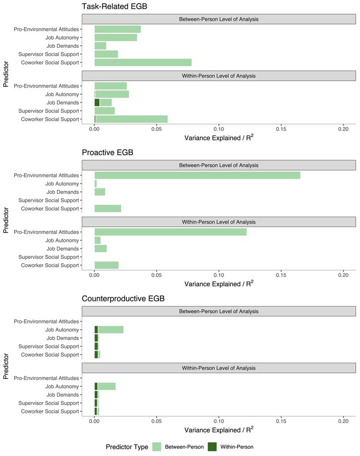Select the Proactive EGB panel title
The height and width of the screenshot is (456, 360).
[x=108, y=152]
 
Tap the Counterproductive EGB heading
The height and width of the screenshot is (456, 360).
[x=123, y=299]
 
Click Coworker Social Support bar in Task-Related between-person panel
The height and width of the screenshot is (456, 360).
[x=143, y=62]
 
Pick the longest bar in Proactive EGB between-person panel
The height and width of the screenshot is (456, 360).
[x=197, y=175]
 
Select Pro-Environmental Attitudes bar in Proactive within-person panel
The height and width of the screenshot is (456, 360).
[x=170, y=232]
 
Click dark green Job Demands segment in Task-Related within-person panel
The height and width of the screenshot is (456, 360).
[x=97, y=103]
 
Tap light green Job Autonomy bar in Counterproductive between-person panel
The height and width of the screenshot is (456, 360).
[x=111, y=330]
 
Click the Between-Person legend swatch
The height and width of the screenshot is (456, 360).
[x=157, y=447]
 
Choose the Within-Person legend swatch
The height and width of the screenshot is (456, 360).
[x=212, y=447]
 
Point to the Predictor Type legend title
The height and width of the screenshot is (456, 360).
[x=127, y=447]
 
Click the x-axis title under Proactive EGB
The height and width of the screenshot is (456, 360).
[x=219, y=284]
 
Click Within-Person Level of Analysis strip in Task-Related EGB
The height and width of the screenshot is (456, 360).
[x=219, y=76]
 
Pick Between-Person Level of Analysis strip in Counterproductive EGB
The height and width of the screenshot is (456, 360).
[x=219, y=311]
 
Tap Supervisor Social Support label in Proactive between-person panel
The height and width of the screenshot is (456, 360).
[x=50, y=200]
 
